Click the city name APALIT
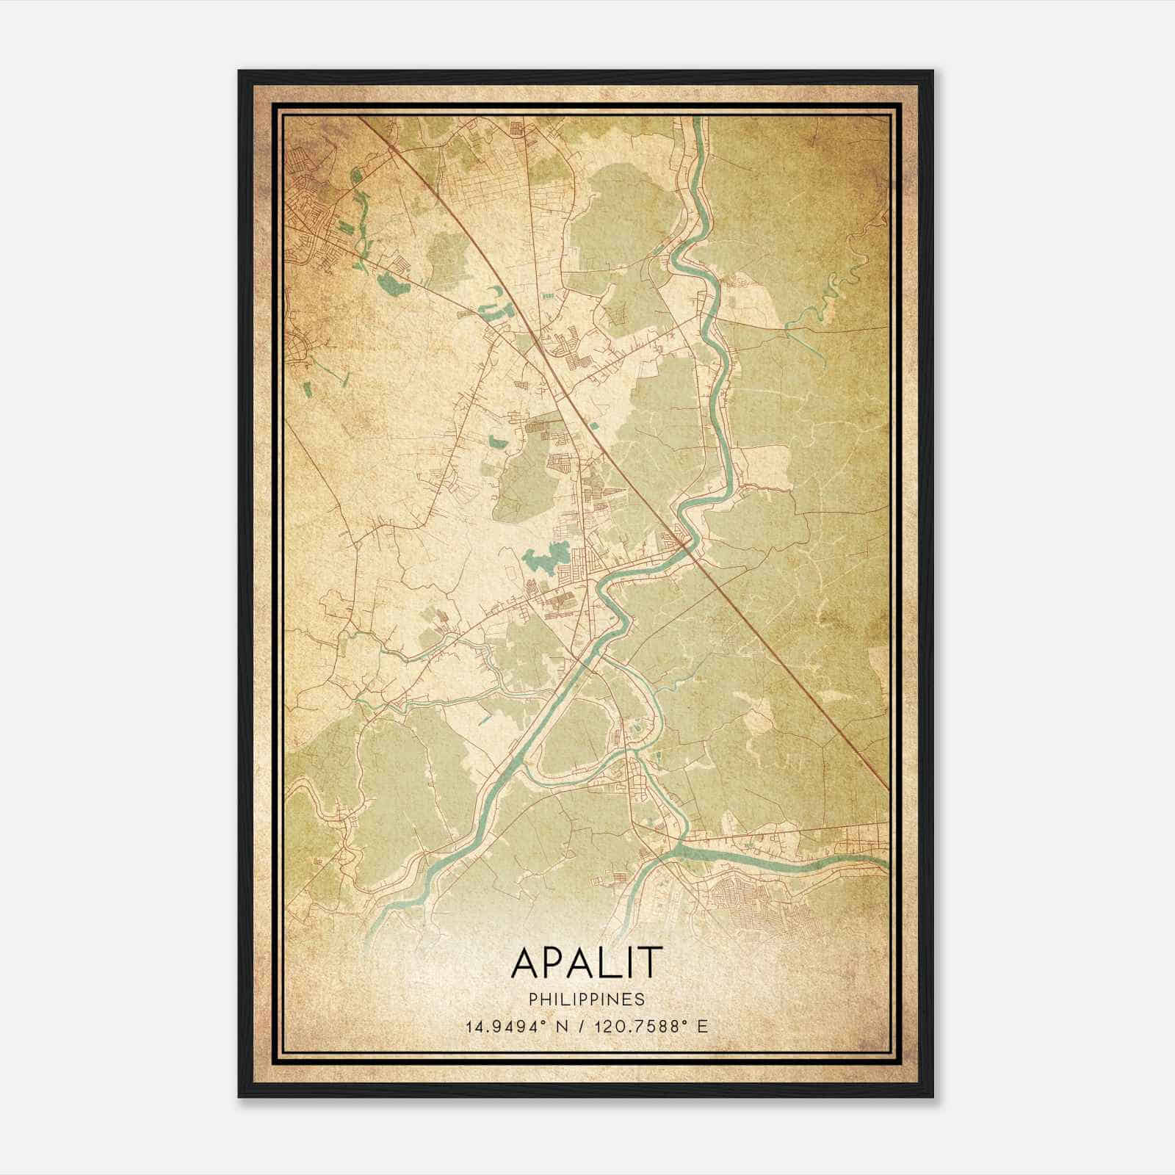coord(586,962)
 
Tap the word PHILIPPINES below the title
coord(586,999)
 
